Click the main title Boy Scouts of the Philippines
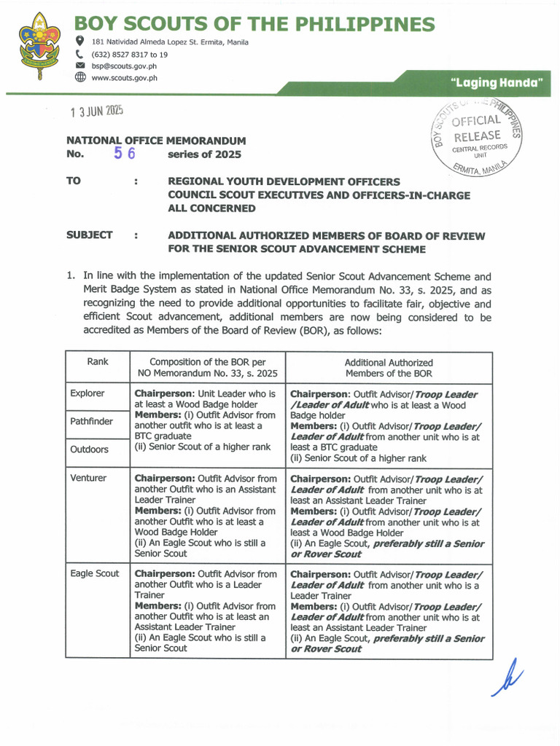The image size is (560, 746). (x=254, y=25)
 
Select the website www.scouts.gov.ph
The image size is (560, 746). (x=124, y=78)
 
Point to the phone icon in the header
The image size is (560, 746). (x=79, y=54)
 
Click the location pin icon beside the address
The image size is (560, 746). (x=79, y=41)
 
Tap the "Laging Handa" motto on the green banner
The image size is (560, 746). (x=497, y=83)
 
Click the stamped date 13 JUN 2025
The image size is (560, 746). (x=96, y=111)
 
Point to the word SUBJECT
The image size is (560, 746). (x=90, y=235)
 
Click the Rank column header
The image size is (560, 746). (x=98, y=362)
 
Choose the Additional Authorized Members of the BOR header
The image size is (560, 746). (x=389, y=368)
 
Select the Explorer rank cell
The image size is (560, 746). (x=87, y=393)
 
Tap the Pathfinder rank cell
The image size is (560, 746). (x=91, y=421)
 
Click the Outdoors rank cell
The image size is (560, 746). (x=89, y=449)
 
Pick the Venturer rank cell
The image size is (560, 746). (x=88, y=478)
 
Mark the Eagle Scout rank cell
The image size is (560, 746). (x=95, y=573)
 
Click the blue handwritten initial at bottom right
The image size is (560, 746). (x=507, y=677)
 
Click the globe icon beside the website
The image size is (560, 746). (x=80, y=78)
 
